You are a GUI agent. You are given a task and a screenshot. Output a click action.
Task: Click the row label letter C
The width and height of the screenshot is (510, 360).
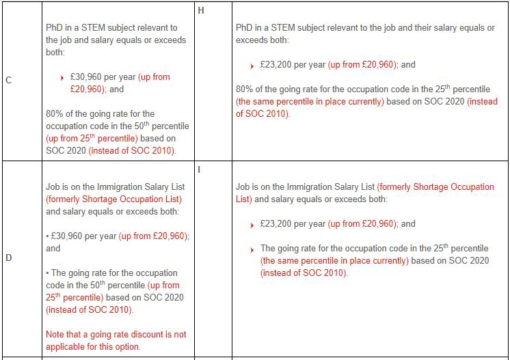8,80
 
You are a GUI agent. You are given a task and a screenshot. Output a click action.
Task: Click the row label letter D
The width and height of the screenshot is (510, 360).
8,258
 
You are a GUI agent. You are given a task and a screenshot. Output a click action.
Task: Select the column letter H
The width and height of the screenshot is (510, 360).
200,10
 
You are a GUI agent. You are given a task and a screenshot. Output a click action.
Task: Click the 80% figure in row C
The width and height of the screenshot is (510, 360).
55,114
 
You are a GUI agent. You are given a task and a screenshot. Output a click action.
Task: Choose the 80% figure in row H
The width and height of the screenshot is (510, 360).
245,89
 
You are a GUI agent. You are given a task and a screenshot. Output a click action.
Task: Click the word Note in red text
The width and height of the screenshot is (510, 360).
55,335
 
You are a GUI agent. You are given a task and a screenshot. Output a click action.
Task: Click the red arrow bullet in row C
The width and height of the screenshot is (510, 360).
63,78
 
